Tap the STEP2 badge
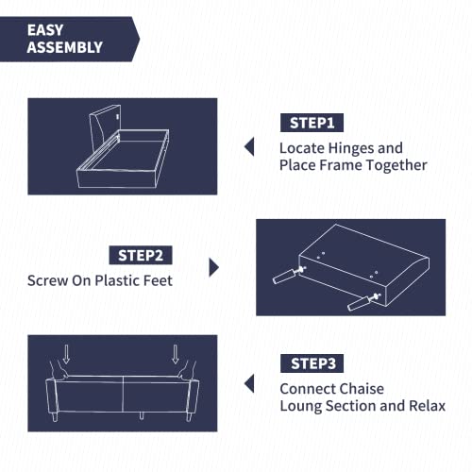point(143,255)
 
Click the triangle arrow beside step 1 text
point(249,146)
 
